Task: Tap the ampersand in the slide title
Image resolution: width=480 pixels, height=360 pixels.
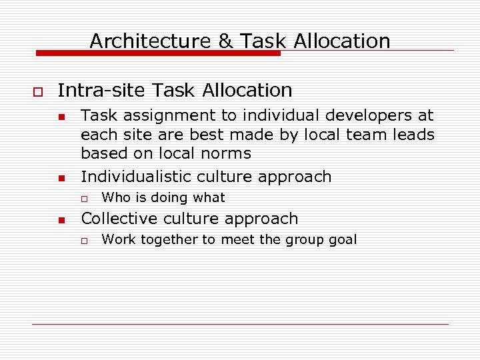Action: (226, 41)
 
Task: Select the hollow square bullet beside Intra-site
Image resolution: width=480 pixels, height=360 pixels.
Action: (37, 91)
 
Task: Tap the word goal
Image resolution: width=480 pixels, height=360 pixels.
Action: (343, 239)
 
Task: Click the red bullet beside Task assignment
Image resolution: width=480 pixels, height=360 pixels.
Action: (61, 117)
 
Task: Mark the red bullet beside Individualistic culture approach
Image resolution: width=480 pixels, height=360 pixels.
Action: (61, 179)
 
